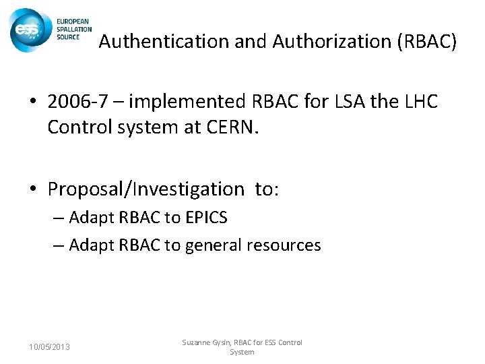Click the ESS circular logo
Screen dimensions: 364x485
(x=28, y=30)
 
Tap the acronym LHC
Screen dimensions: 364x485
(x=419, y=102)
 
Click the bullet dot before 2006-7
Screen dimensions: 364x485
(x=32, y=103)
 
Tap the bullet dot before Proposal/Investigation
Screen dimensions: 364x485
(x=32, y=190)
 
